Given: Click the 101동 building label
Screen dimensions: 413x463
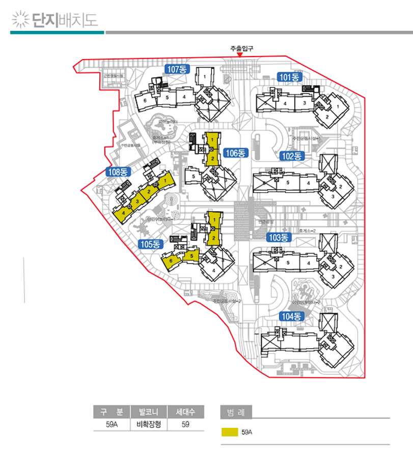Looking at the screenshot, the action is (290, 77).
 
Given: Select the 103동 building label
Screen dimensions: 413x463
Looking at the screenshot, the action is (279, 237).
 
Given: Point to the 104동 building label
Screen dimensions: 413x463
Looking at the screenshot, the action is (292, 316).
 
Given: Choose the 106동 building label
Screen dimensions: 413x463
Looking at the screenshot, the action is (236, 152).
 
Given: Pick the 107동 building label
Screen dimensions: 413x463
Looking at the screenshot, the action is (177, 69).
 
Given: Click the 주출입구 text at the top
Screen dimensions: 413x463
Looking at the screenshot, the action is (241, 48).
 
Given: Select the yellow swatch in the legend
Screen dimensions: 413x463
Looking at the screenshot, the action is (230, 432).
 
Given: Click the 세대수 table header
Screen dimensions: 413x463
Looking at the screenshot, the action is (185, 412).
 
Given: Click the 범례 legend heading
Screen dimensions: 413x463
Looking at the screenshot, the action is (236, 412).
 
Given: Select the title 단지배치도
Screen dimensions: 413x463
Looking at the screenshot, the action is (65, 21).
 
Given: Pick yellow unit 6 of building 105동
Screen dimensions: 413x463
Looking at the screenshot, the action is (171, 262).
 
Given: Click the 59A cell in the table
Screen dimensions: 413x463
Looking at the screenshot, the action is (112, 424).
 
